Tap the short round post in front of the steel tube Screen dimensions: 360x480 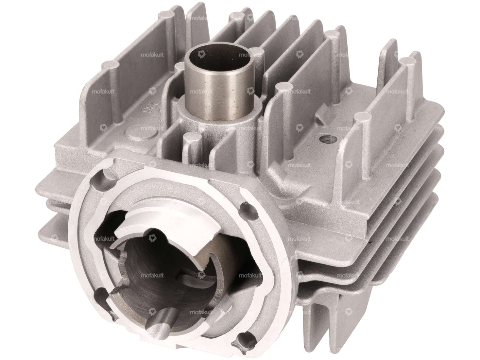point(191,141)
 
